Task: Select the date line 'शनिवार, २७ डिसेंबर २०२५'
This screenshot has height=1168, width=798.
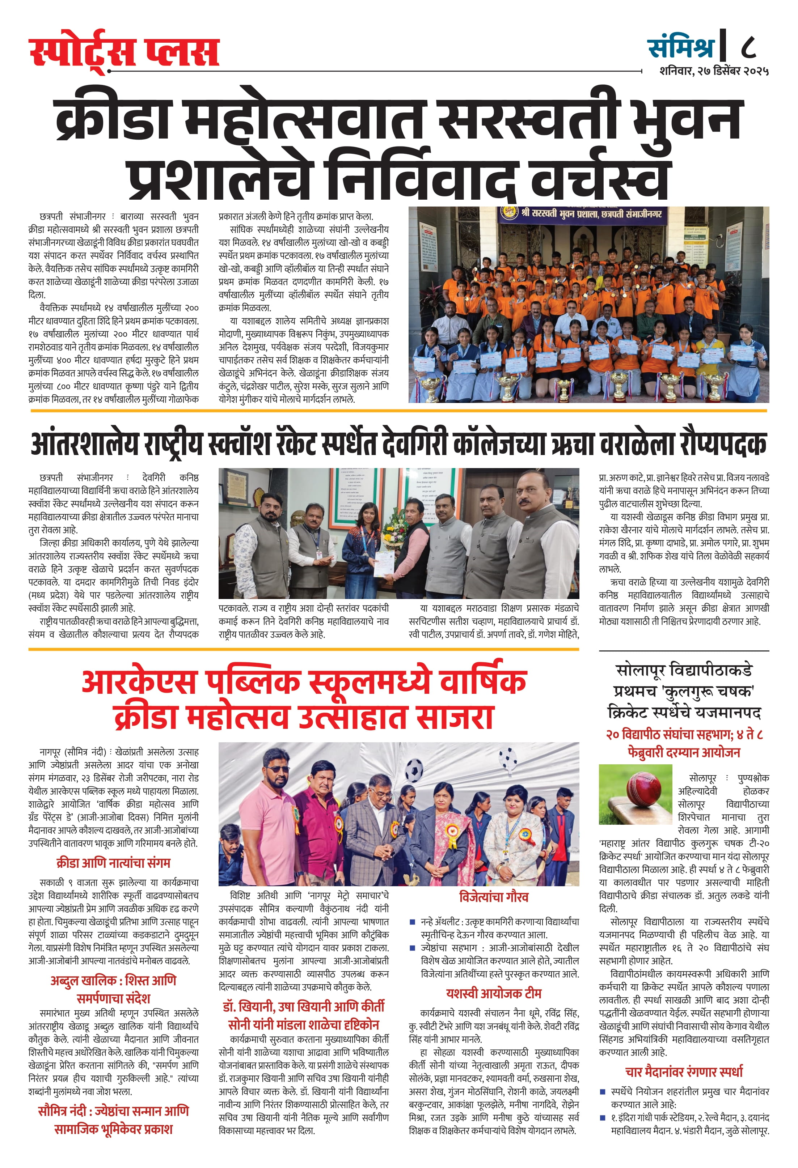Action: [x=714, y=71]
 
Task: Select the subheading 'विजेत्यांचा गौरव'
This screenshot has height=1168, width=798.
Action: [x=493, y=897]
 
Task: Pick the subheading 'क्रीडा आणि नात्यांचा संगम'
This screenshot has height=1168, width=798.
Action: [x=113, y=863]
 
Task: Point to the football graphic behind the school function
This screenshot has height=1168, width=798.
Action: [x=413, y=769]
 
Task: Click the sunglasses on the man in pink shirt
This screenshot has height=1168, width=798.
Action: [x=278, y=769]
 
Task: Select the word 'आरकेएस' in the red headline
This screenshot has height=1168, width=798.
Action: [x=138, y=682]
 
